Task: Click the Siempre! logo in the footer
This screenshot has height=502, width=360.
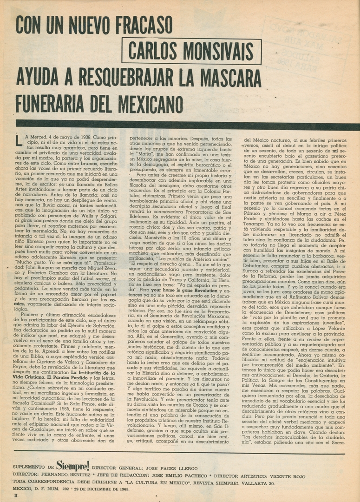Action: tap(73, 465)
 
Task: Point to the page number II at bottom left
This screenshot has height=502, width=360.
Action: tap(16, 496)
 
